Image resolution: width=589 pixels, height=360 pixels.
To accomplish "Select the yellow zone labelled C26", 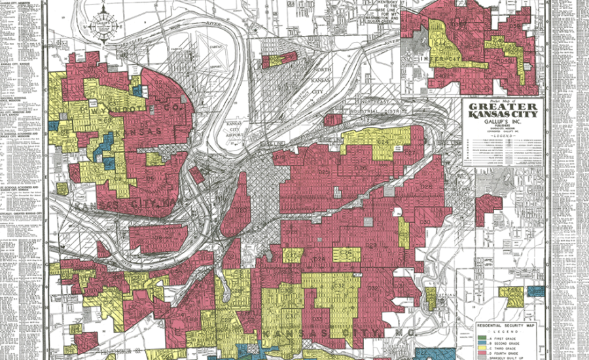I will (x=346, y=253).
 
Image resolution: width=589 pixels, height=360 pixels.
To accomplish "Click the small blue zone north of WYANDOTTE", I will (x=136, y=91).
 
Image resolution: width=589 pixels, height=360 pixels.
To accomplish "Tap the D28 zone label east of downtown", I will (x=319, y=260).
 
